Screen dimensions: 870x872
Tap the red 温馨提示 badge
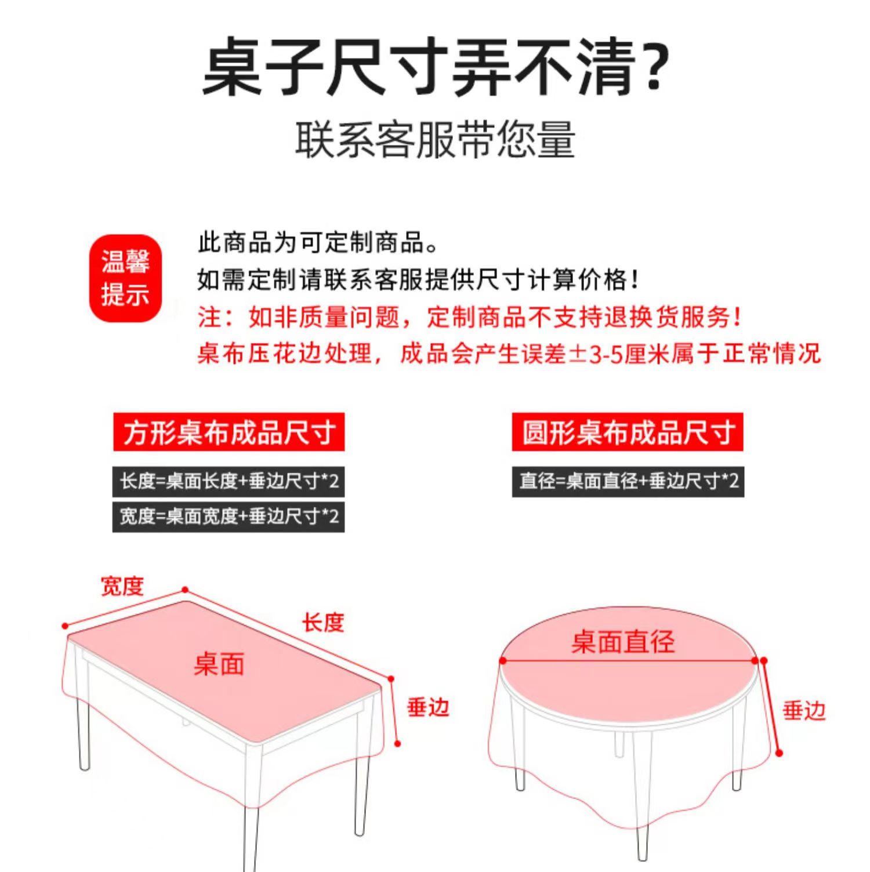pyautogui.click(x=125, y=278)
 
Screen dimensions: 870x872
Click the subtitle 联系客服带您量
pyautogui.click(x=435, y=140)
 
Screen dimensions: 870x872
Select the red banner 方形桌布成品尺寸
pyautogui.click(x=229, y=432)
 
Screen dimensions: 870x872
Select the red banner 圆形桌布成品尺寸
pyautogui.click(x=628, y=432)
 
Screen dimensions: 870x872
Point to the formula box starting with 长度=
pyautogui.click(x=229, y=481)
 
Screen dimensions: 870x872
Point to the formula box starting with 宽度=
pyautogui.click(x=229, y=517)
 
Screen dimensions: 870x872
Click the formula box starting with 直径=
pyautogui.click(x=628, y=481)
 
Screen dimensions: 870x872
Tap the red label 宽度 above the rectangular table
pyautogui.click(x=122, y=586)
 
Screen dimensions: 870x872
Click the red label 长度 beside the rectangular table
pyautogui.click(x=323, y=623)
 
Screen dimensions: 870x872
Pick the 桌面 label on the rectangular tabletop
pyautogui.click(x=219, y=664)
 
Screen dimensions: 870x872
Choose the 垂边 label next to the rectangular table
pyautogui.click(x=428, y=707)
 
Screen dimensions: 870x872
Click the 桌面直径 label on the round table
pyautogui.click(x=623, y=642)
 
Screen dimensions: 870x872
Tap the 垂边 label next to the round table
pyautogui.click(x=804, y=710)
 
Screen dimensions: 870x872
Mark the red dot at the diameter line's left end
pyautogui.click(x=503, y=660)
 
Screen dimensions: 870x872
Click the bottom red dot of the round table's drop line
pyautogui.click(x=779, y=753)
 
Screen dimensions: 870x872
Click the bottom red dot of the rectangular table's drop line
pyautogui.click(x=398, y=743)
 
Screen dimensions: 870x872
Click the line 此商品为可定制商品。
pyautogui.click(x=318, y=242)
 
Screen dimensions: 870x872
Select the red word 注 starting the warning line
pyautogui.click(x=209, y=317)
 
